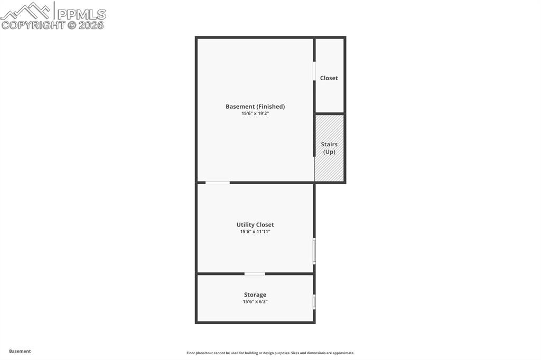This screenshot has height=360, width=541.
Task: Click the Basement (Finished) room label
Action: point(255,107)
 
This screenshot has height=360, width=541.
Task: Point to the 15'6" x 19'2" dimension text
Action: point(255,113)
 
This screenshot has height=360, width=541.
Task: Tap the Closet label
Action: point(329,78)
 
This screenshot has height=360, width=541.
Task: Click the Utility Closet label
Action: point(255,225)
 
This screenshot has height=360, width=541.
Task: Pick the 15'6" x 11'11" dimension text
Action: point(255,232)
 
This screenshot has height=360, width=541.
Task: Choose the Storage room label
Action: point(255,295)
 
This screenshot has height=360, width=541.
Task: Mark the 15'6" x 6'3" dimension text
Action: point(255,302)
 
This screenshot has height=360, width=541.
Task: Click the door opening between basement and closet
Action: point(314,71)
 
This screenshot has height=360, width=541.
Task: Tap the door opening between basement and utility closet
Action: point(218,183)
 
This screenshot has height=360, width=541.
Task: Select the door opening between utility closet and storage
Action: point(255,273)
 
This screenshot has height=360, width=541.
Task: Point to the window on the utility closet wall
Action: point(314,251)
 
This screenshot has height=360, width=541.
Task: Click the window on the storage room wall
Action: point(314,302)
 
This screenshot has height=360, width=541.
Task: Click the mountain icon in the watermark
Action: point(26,11)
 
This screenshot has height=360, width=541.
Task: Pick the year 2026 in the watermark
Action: point(91,25)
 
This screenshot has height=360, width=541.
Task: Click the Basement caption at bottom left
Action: point(20,351)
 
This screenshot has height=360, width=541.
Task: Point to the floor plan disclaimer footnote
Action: point(270,353)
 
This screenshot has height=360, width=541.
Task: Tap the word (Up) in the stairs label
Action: point(329,152)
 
